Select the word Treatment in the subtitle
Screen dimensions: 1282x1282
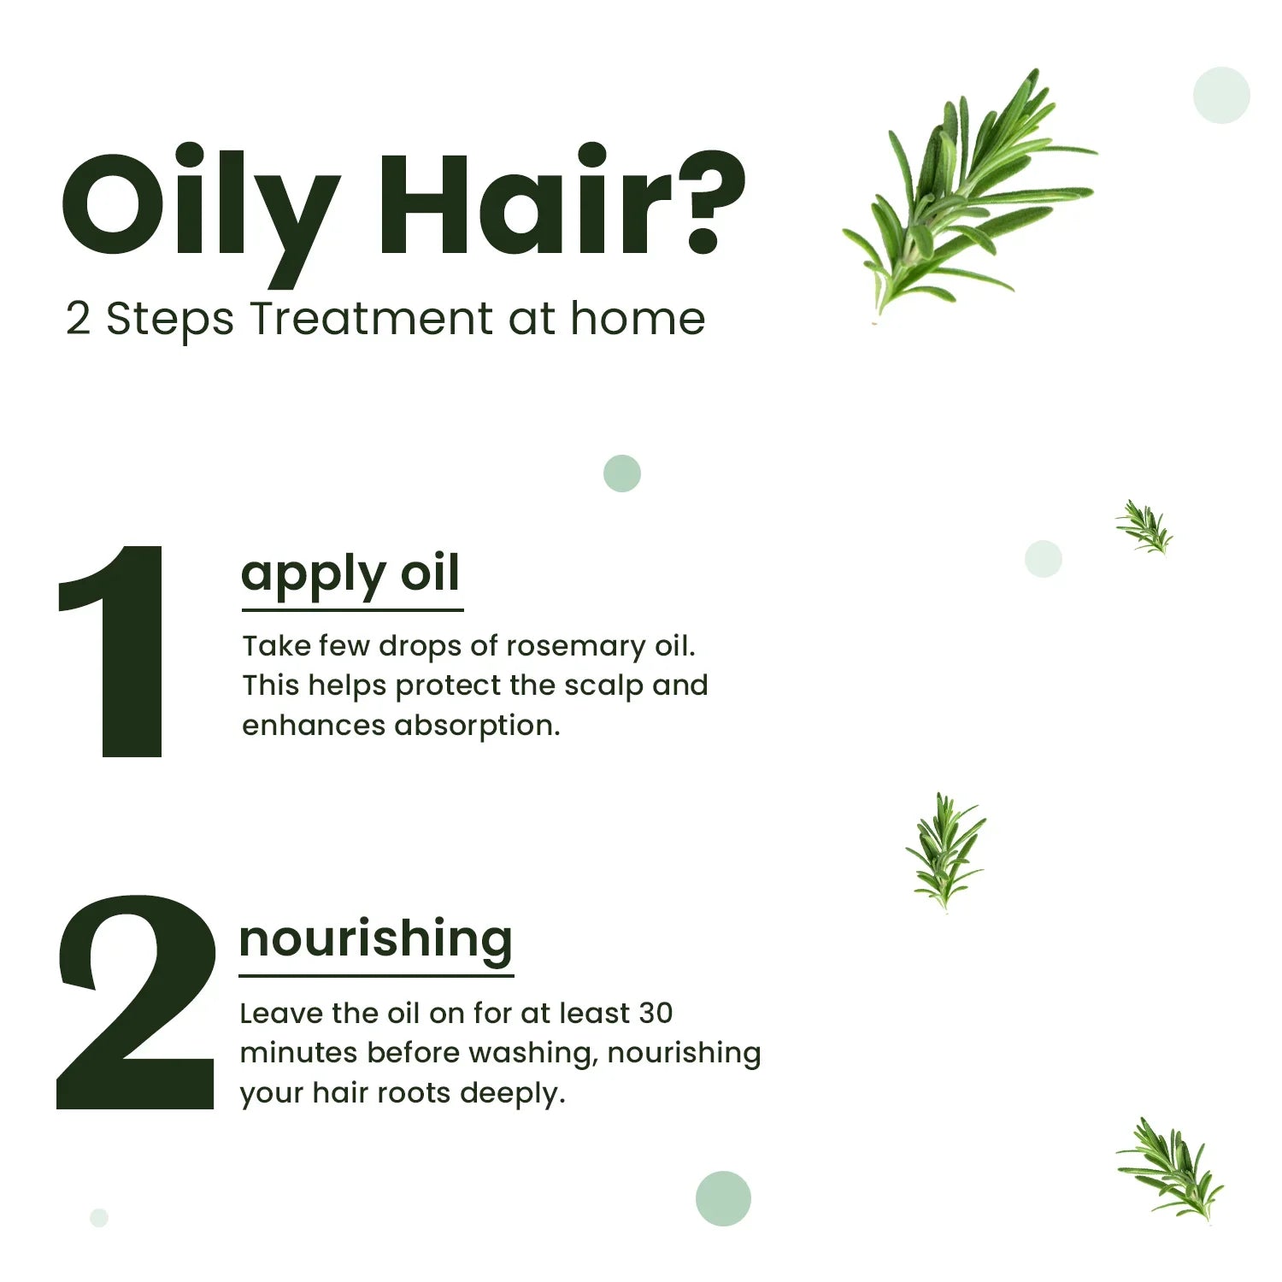click(x=371, y=320)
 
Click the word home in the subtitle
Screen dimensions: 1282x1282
click(x=638, y=319)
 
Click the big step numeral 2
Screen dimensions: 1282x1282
click(x=137, y=1004)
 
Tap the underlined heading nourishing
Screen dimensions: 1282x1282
click(x=376, y=939)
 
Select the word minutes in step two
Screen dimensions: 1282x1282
click(x=298, y=1053)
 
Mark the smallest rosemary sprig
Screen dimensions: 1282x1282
click(x=1145, y=527)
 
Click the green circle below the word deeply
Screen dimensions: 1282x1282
click(x=723, y=1198)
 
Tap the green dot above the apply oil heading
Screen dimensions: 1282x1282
click(x=622, y=473)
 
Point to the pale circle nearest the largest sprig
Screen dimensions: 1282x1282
click(x=1221, y=95)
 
